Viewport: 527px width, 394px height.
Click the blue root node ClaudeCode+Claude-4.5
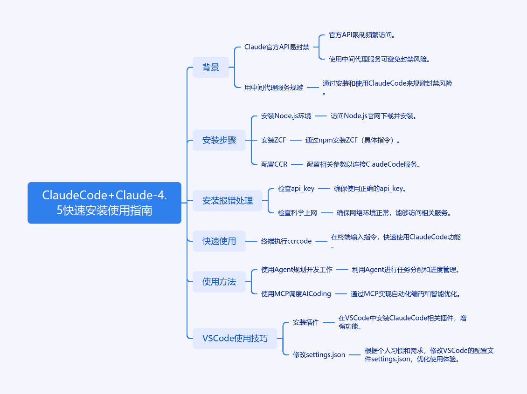click(104, 203)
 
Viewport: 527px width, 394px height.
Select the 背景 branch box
click(211, 67)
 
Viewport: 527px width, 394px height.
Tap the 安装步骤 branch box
click(219, 140)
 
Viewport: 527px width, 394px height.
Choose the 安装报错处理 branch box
click(228, 201)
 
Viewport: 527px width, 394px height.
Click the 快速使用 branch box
click(219, 241)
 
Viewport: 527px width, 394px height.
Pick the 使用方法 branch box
click(219, 282)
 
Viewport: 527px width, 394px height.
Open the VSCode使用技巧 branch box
click(235, 339)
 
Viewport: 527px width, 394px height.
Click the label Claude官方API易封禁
click(277, 47)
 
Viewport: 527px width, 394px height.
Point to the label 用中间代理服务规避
click(274, 88)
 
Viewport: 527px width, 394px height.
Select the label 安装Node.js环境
click(286, 116)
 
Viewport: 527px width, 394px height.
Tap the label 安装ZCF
click(274, 140)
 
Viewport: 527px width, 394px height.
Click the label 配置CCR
click(274, 164)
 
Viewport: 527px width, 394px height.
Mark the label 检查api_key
click(296, 189)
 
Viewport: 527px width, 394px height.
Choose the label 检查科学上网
click(298, 213)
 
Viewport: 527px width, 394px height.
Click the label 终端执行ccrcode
click(286, 241)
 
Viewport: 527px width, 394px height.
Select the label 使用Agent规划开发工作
click(297, 270)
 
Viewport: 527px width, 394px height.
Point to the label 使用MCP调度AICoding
click(296, 294)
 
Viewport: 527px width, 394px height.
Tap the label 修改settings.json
click(319, 355)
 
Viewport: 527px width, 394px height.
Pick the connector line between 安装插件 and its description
click(330, 322)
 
